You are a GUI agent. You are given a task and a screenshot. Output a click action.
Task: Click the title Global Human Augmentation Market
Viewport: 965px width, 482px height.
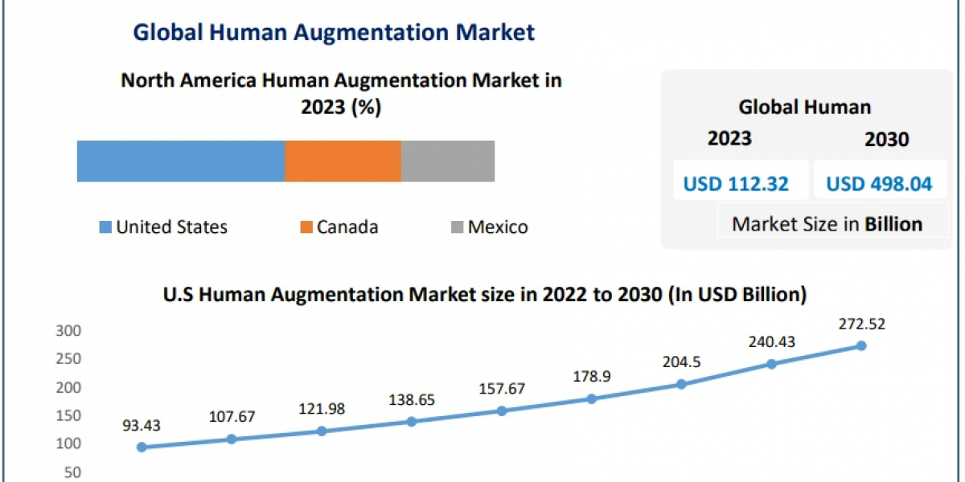(x=334, y=32)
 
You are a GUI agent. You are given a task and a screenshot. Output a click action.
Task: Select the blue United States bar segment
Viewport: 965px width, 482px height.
(x=181, y=161)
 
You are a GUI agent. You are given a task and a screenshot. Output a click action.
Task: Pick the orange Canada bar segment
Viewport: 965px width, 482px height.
(x=343, y=161)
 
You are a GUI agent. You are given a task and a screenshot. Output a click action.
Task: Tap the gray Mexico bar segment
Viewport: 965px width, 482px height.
(x=447, y=161)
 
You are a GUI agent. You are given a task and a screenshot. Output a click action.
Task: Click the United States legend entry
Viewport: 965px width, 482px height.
(x=163, y=227)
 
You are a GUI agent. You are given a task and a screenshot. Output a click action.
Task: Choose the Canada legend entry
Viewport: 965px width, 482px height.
(x=339, y=227)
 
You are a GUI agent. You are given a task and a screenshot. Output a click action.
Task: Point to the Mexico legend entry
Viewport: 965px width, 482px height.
(x=488, y=227)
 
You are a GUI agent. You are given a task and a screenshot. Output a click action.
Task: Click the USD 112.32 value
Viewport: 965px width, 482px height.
(x=736, y=184)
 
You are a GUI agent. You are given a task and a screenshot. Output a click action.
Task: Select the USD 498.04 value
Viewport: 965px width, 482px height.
(x=879, y=184)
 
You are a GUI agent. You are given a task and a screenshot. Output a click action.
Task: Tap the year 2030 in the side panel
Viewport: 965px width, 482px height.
(x=886, y=140)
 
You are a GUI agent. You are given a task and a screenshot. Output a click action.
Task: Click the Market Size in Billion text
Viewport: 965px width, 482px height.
(x=827, y=224)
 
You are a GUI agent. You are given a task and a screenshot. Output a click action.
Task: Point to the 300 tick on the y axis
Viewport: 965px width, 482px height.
(x=68, y=331)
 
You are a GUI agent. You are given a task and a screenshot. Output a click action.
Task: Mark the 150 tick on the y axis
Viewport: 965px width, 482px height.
(x=68, y=415)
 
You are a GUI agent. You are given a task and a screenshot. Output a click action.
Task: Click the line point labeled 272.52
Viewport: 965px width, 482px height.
(x=861, y=345)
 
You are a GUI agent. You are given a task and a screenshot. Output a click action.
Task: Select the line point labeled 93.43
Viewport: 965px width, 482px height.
(x=142, y=447)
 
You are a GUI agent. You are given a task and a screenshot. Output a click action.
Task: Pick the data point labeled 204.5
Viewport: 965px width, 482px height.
(x=681, y=384)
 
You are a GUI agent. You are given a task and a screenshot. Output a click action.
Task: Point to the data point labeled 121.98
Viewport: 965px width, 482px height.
(x=322, y=431)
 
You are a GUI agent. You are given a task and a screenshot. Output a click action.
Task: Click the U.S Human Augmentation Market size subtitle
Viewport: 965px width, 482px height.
(x=484, y=295)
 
